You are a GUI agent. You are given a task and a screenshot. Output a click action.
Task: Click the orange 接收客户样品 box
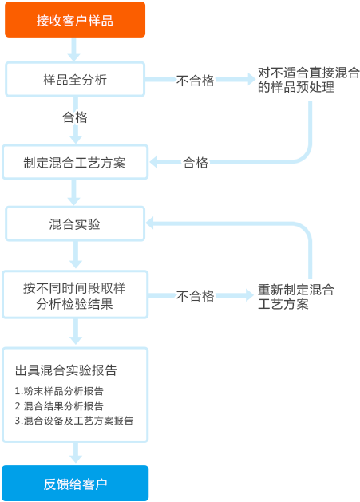click(x=75, y=19)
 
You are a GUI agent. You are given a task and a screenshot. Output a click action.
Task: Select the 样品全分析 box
click(x=75, y=79)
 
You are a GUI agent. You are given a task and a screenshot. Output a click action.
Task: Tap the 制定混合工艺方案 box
click(x=75, y=162)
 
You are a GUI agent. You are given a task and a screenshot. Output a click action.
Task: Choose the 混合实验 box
click(x=75, y=223)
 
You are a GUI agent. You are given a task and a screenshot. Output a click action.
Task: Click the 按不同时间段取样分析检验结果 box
click(x=75, y=294)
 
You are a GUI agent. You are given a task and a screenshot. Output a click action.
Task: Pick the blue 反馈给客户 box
click(x=75, y=484)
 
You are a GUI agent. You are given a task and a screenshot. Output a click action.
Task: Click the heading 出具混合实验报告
click(x=66, y=370)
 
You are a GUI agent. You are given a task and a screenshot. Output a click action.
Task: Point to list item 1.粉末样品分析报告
click(x=59, y=390)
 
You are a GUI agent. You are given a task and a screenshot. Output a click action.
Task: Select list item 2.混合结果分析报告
click(x=59, y=405)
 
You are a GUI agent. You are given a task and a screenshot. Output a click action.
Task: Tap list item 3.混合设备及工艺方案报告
click(x=74, y=421)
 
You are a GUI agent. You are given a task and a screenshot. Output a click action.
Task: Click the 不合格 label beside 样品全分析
click(x=195, y=81)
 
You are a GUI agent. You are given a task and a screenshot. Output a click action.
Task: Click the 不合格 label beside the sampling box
click(x=195, y=296)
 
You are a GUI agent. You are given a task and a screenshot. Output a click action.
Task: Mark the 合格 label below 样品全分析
click(x=75, y=117)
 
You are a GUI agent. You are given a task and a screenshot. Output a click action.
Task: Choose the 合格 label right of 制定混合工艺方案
click(x=196, y=163)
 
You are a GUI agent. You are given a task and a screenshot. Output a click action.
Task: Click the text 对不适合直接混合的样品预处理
click(x=309, y=80)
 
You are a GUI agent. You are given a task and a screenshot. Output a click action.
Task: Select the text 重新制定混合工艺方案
click(x=296, y=296)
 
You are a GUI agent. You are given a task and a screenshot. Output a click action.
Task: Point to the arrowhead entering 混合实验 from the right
click(x=149, y=223)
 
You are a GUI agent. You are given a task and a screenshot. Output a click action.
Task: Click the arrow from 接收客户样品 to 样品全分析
click(x=74, y=49)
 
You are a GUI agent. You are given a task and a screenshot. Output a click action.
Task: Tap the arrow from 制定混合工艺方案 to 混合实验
click(x=74, y=192)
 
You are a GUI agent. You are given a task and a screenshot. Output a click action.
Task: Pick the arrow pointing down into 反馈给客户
click(x=76, y=453)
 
